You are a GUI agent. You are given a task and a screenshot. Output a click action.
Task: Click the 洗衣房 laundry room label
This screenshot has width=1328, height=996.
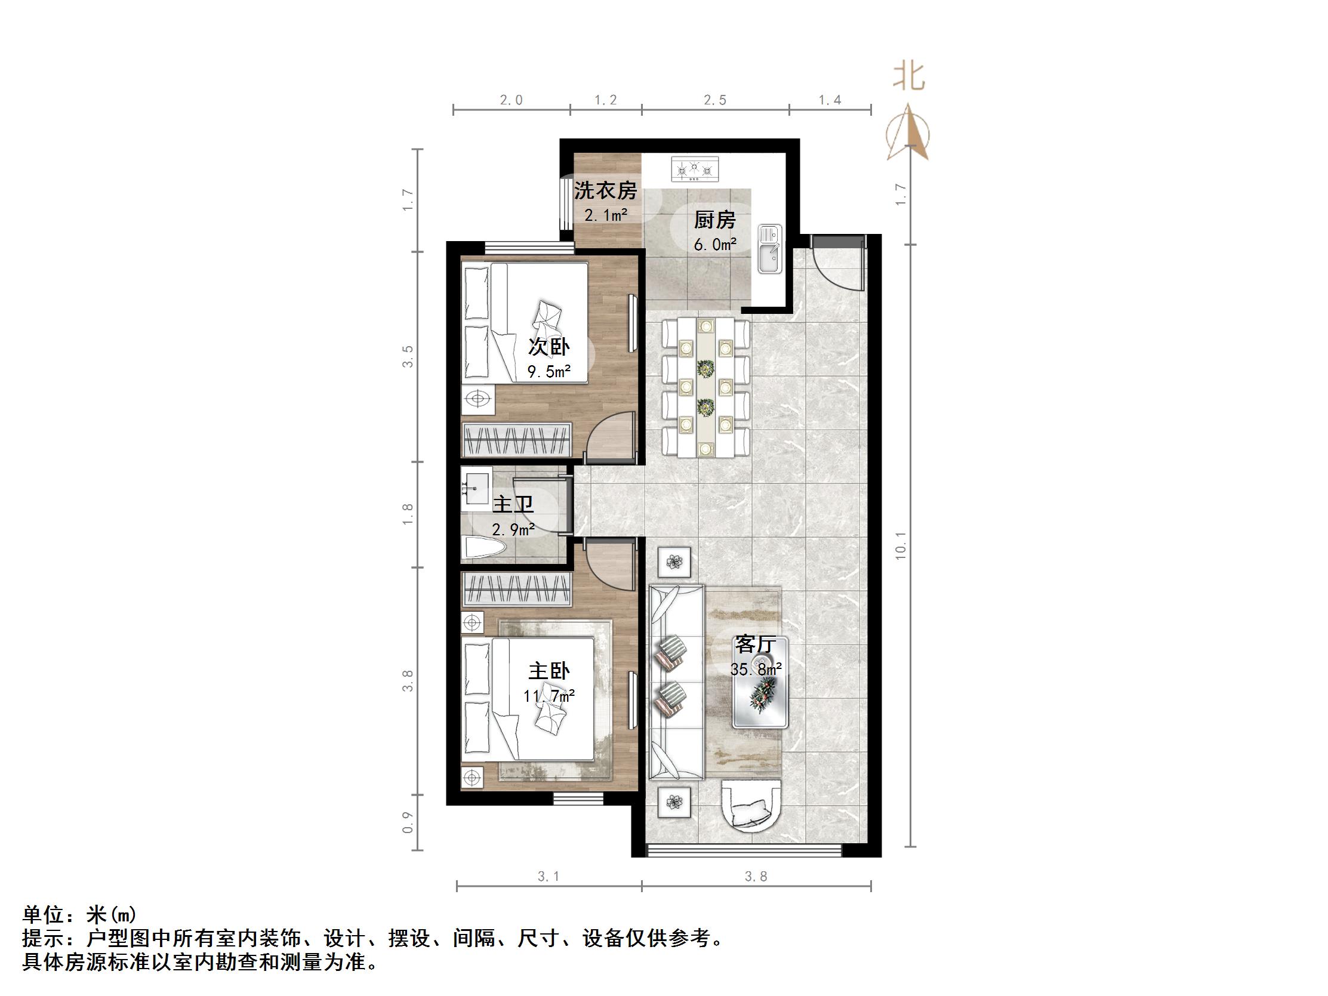tap(605, 190)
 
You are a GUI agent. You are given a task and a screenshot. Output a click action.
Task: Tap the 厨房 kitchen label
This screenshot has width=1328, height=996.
tap(714, 220)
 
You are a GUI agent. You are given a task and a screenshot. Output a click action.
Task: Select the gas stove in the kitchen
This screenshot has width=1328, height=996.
tap(695, 169)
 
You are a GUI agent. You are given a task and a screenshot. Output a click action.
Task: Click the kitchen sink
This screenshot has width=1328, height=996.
tap(769, 248)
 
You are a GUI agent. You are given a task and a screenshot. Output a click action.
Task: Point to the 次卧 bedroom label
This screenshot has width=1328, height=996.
tap(549, 346)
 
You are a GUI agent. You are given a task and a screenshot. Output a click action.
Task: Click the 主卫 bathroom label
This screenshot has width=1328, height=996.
tap(513, 504)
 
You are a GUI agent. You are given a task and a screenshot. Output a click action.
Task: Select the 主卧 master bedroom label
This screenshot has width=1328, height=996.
tap(549, 671)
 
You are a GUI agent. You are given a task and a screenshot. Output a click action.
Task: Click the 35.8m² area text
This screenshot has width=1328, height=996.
tap(755, 669)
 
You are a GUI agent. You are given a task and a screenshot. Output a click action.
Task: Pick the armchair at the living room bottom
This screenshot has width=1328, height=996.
tap(751, 806)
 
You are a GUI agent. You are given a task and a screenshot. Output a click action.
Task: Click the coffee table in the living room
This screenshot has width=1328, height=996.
tap(759, 690)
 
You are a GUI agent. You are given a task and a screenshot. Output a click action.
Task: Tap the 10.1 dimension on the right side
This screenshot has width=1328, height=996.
tap(901, 546)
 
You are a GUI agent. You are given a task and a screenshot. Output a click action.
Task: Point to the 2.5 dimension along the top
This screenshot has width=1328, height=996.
tap(715, 100)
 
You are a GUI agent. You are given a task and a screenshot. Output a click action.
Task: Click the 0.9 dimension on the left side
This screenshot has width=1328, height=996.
tap(408, 822)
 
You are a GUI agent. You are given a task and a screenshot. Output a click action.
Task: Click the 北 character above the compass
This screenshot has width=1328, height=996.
tap(908, 77)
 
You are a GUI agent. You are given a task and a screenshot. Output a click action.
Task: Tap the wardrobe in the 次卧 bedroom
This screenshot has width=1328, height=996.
tap(516, 439)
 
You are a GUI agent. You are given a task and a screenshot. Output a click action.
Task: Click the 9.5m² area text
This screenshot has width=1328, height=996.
tap(549, 372)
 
